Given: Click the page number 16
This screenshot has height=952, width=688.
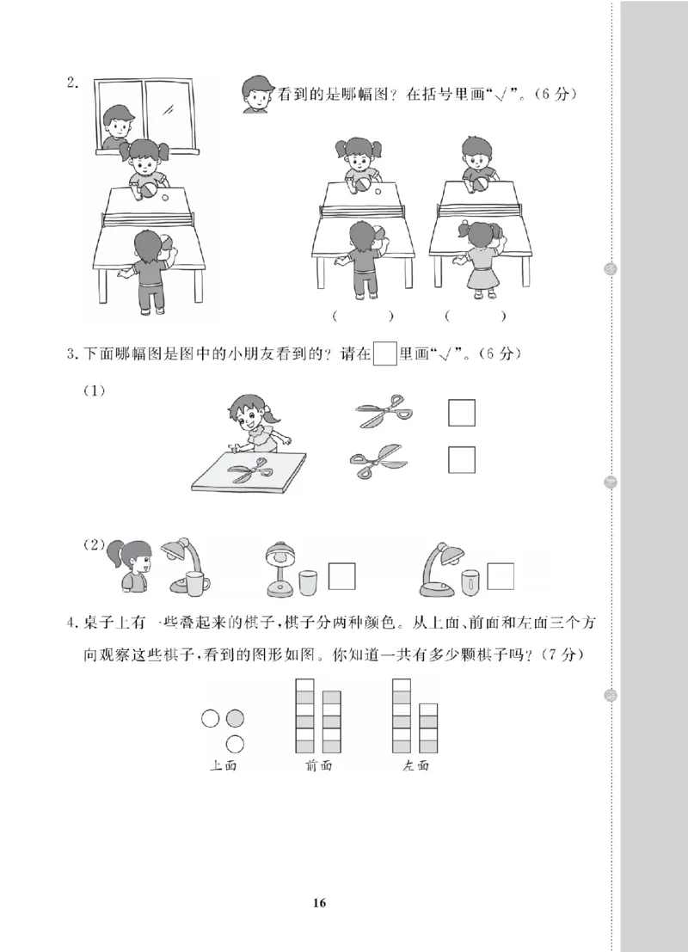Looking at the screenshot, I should (x=319, y=903).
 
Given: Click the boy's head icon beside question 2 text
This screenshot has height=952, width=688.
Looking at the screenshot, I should (x=255, y=94).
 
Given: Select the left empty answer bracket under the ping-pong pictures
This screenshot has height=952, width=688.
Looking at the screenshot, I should (x=362, y=316).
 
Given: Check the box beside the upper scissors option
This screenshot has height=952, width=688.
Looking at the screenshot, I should (x=462, y=414).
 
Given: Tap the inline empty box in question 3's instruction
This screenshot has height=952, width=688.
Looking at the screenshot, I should (x=386, y=353).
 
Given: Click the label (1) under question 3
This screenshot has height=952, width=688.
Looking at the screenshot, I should (x=94, y=391).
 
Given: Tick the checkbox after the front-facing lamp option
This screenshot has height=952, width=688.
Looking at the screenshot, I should (x=342, y=575).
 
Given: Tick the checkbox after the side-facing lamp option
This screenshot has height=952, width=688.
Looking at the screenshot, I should (x=501, y=575).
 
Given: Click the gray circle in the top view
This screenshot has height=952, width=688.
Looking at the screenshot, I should (x=235, y=718).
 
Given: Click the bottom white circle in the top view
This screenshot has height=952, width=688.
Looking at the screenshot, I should (x=235, y=744).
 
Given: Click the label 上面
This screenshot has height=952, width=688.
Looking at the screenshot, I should (x=223, y=766).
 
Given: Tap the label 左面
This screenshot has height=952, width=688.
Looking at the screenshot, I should (x=415, y=766).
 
